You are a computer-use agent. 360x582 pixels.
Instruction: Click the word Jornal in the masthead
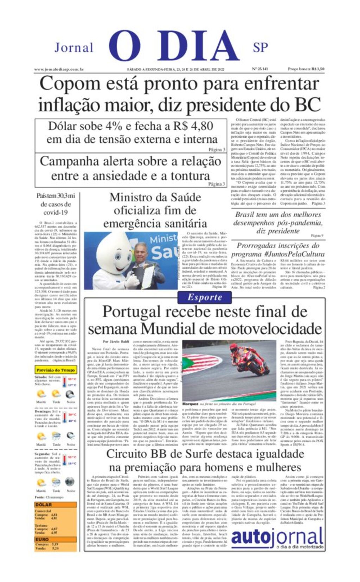(74, 47)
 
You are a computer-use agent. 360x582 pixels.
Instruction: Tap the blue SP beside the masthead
(260, 47)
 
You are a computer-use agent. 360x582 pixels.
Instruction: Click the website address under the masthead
(59, 69)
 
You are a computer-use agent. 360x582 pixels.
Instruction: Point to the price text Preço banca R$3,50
(306, 69)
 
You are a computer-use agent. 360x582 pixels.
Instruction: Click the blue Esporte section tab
(205, 297)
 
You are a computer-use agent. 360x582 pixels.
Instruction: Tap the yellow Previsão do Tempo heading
(56, 370)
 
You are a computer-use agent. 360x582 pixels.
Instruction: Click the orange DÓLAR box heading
(44, 505)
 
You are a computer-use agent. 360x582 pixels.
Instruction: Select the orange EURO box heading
(42, 539)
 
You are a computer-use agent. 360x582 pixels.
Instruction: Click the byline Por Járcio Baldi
(116, 341)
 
